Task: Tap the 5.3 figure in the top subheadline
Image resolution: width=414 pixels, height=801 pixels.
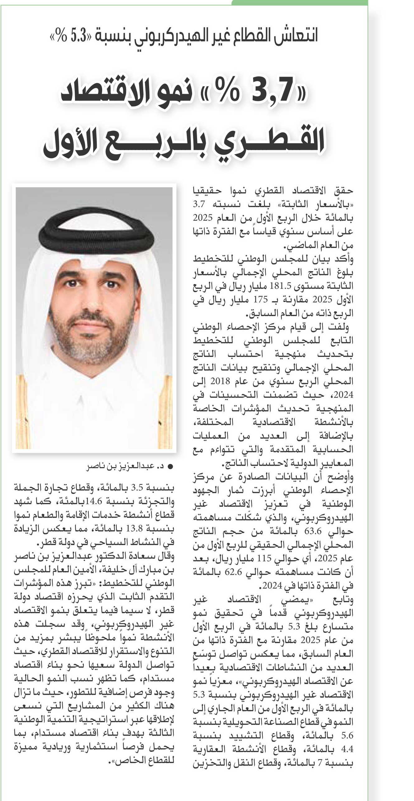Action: [78, 36]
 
